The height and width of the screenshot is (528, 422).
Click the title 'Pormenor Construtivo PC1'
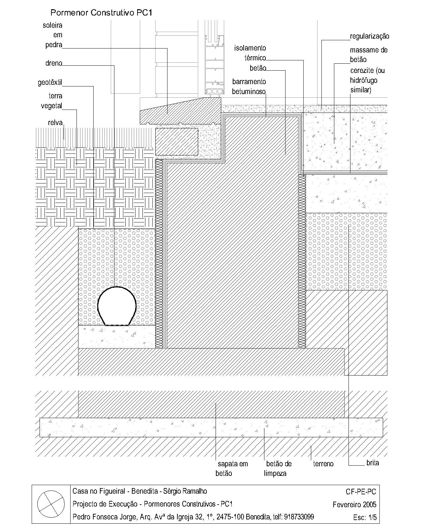pyautogui.click(x=101, y=13)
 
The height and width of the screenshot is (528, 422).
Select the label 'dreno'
pyautogui.click(x=54, y=63)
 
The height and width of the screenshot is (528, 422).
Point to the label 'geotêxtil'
pyautogui.click(x=50, y=82)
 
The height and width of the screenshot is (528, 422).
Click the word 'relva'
pyautogui.click(x=55, y=122)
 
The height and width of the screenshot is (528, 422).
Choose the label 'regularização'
pyautogui.click(x=369, y=36)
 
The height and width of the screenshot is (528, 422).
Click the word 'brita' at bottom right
pyautogui.click(x=373, y=463)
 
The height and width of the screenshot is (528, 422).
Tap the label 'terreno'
pyautogui.click(x=323, y=464)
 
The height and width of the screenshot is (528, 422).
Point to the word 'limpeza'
pyautogui.click(x=275, y=474)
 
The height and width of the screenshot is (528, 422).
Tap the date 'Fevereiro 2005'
pyautogui.click(x=354, y=505)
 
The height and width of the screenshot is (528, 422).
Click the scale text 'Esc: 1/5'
pyautogui.click(x=365, y=517)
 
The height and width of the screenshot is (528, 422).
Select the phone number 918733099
pyautogui.click(x=299, y=517)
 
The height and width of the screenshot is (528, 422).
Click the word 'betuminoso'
pyautogui.click(x=249, y=92)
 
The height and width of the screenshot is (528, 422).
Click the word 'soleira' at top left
pyautogui.click(x=52, y=25)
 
